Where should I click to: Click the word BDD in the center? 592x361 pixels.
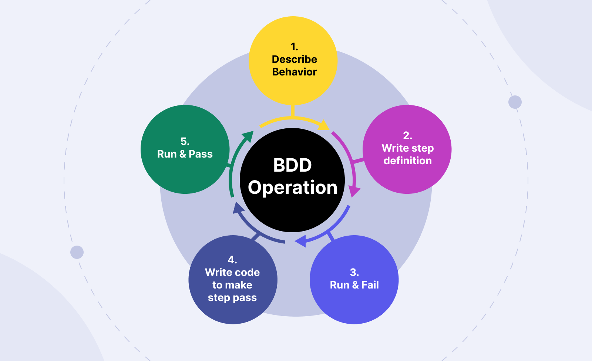[292, 165]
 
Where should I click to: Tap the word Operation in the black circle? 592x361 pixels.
[293, 188]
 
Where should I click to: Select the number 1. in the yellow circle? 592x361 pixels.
[294, 47]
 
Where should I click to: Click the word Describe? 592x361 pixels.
[294, 59]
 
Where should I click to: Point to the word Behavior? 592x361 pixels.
[294, 72]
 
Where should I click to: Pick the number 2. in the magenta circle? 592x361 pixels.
[407, 136]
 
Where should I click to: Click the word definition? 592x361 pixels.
[407, 161]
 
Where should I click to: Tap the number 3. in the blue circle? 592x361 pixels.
[354, 273]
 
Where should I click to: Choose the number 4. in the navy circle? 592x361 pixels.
[232, 260]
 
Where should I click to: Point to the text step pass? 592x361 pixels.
[232, 297]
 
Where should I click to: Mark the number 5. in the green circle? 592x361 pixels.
[185, 142]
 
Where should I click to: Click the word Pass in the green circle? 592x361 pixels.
[201, 154]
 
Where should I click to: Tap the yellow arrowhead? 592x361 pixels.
[324, 125]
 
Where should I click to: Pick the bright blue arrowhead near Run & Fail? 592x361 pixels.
[300, 241]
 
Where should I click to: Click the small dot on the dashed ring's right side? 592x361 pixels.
[515, 102]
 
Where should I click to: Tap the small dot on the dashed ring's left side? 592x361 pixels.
[77, 252]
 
